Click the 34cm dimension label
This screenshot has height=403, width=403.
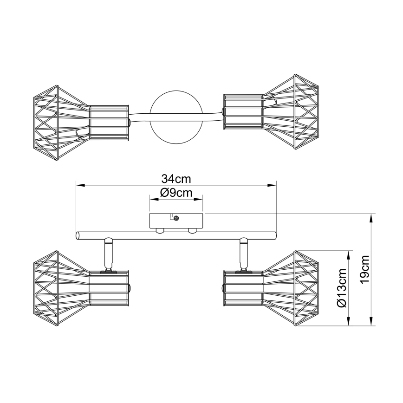pos(176,179)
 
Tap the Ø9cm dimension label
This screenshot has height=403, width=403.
pos(176,193)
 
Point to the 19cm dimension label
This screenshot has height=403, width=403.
pos(365,269)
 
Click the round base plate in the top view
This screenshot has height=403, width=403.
pos(176,117)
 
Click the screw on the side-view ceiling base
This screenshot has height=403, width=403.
pos(176,219)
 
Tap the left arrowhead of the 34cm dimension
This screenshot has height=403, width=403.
pos(80,185)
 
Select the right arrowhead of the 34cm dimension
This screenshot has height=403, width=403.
pos(272,185)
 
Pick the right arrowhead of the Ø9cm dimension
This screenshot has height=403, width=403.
pos(198,199)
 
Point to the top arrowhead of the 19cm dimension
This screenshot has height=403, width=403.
pos(371,218)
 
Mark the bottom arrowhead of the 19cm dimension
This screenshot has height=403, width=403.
pos(371,321)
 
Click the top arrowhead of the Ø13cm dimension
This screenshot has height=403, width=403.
pos(349,255)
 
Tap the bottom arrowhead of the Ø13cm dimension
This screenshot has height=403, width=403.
pos(349,321)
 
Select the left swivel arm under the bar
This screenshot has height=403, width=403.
pos(108,254)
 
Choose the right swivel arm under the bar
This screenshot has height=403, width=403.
pos(244,254)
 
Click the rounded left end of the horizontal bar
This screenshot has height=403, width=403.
pos(78,236)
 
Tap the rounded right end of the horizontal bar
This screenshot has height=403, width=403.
pos(274,236)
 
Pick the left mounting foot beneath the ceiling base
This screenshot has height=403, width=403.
pos(160,231)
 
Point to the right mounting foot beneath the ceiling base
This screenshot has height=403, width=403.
pos(193,231)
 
